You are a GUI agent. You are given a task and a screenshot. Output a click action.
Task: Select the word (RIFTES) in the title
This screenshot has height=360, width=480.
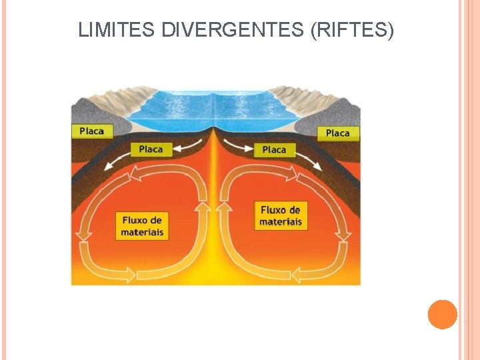click(352, 30)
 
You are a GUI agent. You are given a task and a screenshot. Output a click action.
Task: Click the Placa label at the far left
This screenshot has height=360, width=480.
click(91, 131)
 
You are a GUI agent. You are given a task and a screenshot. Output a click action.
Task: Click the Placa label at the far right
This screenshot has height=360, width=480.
click(338, 133)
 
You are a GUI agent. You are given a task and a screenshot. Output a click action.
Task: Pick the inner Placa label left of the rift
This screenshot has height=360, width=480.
click(151, 149)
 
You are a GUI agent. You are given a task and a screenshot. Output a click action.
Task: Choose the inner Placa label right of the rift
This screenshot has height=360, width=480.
click(274, 150)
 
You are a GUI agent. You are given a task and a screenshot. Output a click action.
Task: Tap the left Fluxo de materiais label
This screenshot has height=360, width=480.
click(142, 226)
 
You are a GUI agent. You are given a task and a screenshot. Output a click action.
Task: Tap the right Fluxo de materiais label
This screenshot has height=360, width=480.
click(281, 215)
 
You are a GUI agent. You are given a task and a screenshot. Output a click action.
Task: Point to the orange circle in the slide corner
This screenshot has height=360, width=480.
click(443, 315)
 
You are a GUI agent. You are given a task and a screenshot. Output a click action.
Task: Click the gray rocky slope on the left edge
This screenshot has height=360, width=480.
click(87, 110)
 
